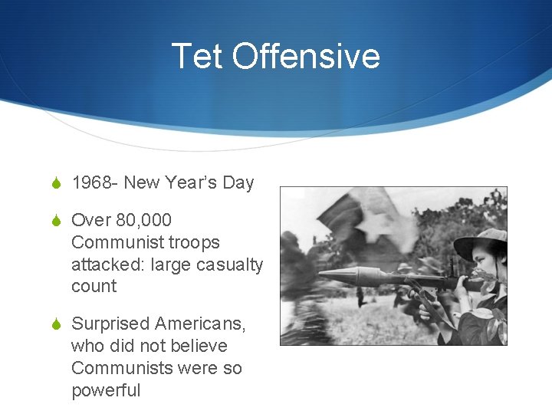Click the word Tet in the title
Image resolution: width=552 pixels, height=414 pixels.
click(197, 56)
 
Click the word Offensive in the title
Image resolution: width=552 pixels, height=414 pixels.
click(306, 56)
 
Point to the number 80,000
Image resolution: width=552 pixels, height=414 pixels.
click(145, 220)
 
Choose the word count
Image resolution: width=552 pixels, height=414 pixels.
click(94, 287)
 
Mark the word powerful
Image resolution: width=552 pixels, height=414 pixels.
click(106, 390)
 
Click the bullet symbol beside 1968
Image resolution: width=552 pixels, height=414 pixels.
click(55, 183)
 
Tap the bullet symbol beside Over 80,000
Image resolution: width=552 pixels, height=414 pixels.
click(55, 221)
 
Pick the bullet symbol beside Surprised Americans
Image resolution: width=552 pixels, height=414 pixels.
click(55, 325)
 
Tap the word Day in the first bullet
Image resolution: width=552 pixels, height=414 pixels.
click(238, 182)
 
